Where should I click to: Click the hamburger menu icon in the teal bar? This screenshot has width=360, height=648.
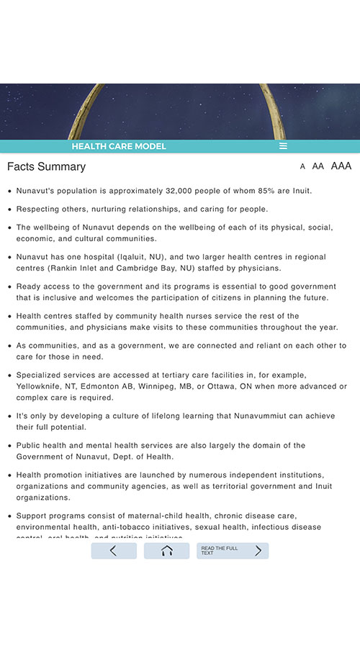[283, 146]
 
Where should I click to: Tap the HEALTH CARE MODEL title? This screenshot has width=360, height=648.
[119, 146]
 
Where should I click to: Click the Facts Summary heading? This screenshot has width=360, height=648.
[46, 166]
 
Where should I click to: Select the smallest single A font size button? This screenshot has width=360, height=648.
[302, 166]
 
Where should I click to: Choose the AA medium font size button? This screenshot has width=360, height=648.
[318, 166]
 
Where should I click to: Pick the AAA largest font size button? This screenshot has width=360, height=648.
[341, 166]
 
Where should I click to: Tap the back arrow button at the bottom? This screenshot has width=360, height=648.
[113, 551]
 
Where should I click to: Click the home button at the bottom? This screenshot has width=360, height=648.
[166, 551]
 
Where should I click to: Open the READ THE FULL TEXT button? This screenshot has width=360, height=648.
[232, 551]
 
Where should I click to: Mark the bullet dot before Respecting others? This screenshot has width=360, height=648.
[9, 210]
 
